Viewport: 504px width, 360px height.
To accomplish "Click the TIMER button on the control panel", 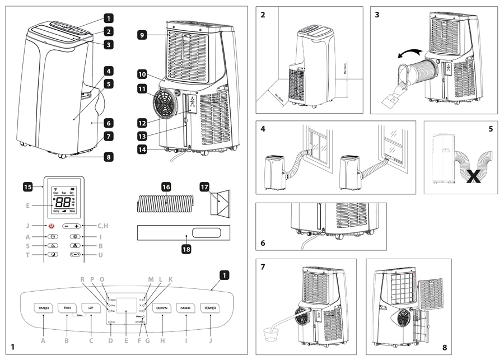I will tap(44, 308).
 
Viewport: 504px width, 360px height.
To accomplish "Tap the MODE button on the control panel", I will tap(186, 308).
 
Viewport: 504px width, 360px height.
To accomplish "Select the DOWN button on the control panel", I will tap(162, 308).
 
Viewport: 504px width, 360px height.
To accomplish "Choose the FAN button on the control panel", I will tap(67, 308).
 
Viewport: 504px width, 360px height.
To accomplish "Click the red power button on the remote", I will tap(52, 226).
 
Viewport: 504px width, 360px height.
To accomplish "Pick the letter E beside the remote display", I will tap(27, 205).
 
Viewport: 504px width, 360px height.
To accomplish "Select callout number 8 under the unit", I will tap(108, 157).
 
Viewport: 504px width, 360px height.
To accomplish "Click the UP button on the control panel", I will tap(90, 308).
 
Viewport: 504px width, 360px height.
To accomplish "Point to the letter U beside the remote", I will tap(100, 255).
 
